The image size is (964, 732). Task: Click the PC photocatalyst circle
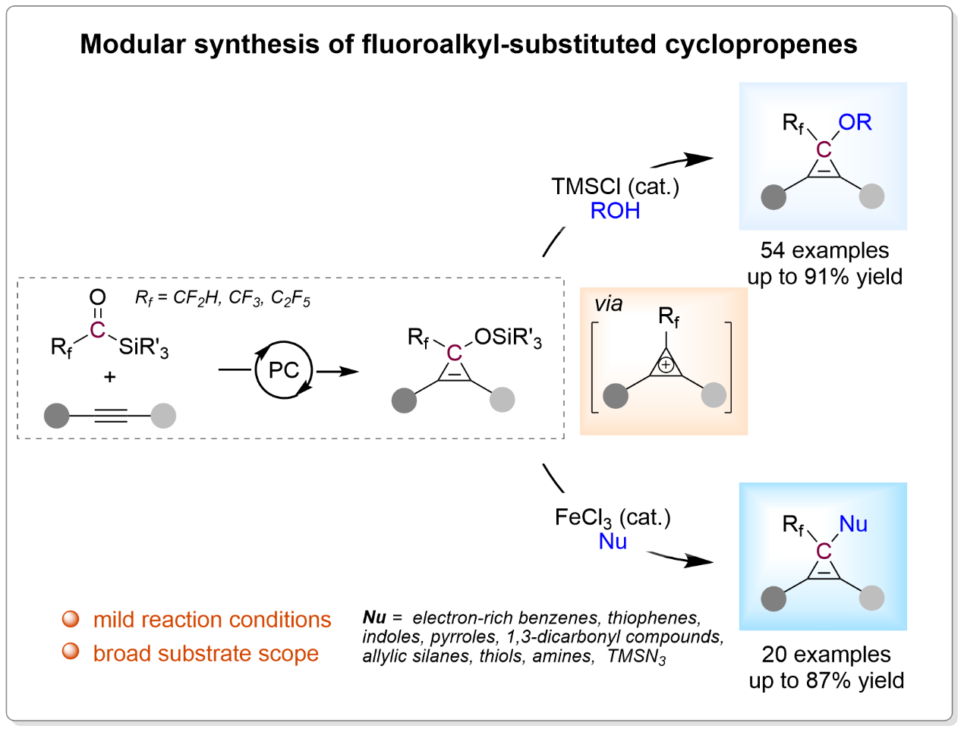(284, 370)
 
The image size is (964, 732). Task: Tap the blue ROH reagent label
(615, 211)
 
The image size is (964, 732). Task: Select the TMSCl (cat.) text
(615, 187)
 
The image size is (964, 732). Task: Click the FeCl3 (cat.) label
(613, 518)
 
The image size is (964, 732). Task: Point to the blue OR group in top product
(855, 123)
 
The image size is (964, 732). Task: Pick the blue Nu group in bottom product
(853, 524)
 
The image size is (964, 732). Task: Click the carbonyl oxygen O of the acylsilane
(97, 297)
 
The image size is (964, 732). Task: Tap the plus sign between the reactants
(110, 377)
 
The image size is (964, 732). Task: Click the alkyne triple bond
(111, 416)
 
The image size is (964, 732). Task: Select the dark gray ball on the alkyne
(57, 416)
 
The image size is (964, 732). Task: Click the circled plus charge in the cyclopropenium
(666, 366)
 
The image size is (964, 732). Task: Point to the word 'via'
(609, 304)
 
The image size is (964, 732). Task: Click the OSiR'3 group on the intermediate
(508, 338)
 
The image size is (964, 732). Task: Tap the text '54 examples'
(824, 250)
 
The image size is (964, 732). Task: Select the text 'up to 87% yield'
(826, 680)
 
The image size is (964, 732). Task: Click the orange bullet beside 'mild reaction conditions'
(71, 619)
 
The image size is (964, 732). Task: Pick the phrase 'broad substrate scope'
(206, 653)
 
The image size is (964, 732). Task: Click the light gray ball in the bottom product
(871, 598)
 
